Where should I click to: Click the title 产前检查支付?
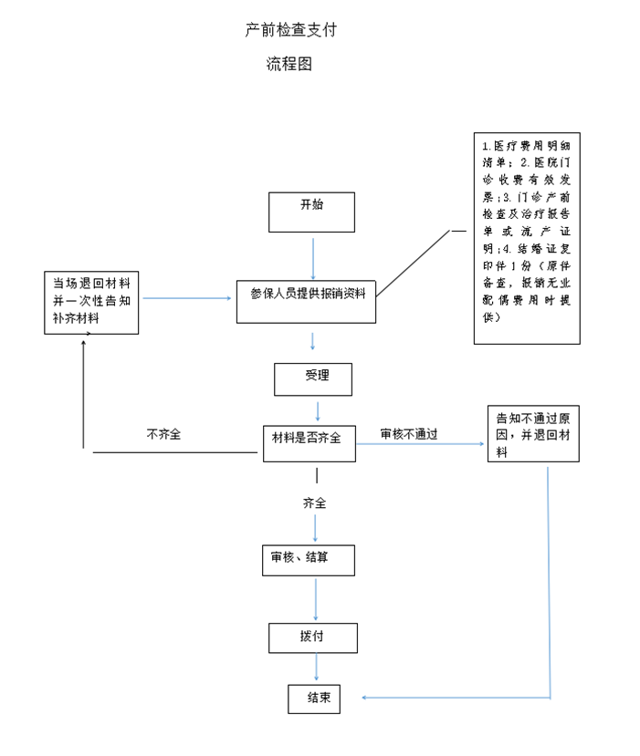click(291, 30)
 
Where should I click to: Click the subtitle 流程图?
click(289, 65)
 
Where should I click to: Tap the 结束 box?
click(314, 699)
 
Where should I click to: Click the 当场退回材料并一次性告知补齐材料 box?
click(91, 302)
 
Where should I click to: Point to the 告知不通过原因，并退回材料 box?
click(533, 433)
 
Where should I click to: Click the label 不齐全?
click(164, 435)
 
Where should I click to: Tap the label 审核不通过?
click(409, 435)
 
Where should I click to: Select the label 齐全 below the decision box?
click(315, 503)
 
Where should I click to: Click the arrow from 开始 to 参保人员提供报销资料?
click(313, 258)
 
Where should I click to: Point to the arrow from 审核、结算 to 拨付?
click(316, 600)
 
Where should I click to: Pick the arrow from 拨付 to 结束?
click(317, 668)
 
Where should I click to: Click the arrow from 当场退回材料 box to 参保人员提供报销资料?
click(187, 298)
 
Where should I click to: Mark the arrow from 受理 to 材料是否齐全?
click(317, 409)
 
